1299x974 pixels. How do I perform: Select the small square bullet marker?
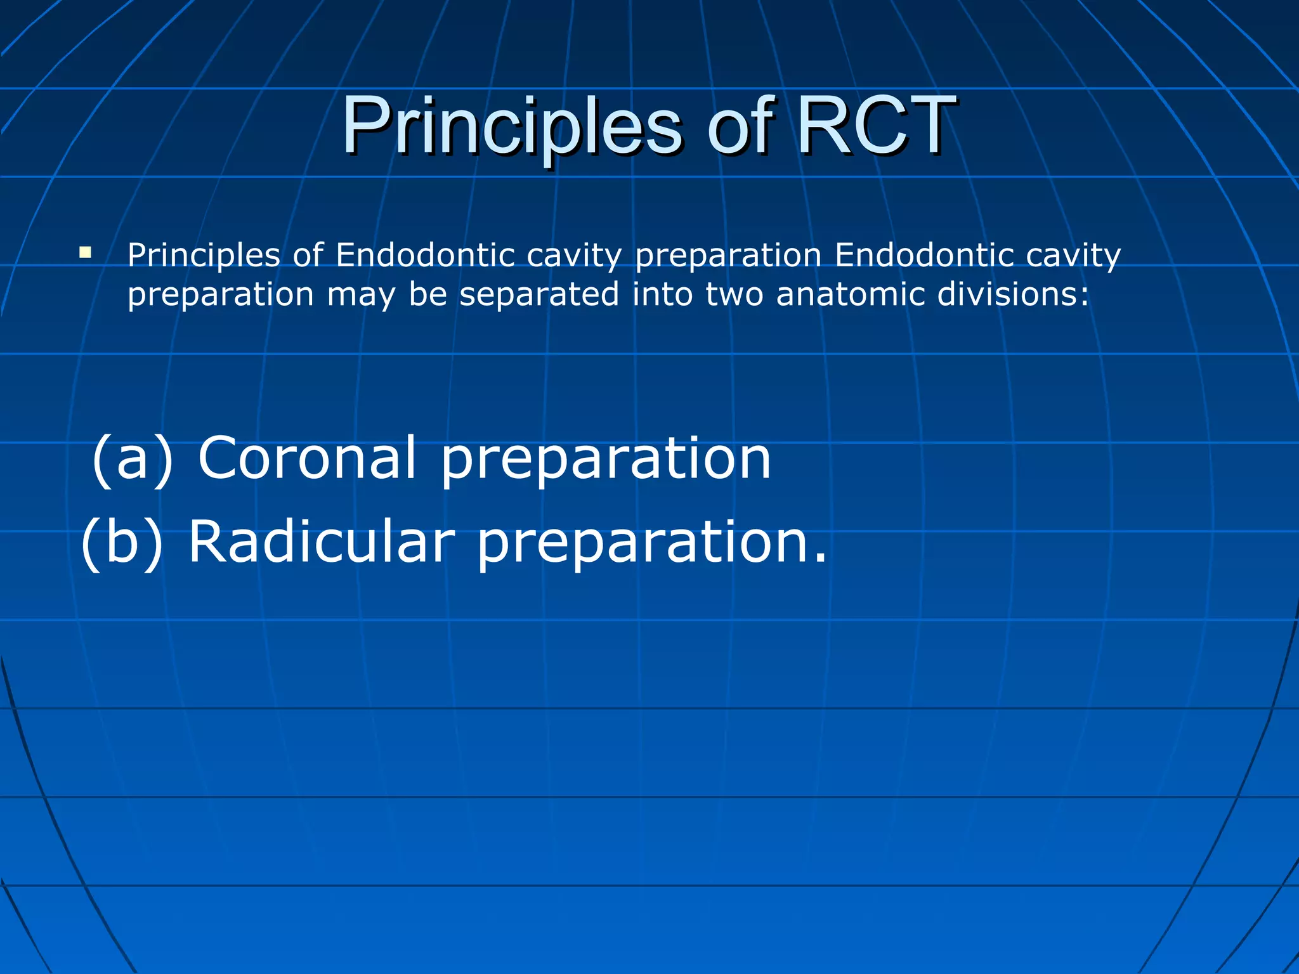click(x=85, y=254)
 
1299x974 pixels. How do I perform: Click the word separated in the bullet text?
click(x=539, y=295)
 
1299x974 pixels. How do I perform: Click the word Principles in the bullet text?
click(x=204, y=256)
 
